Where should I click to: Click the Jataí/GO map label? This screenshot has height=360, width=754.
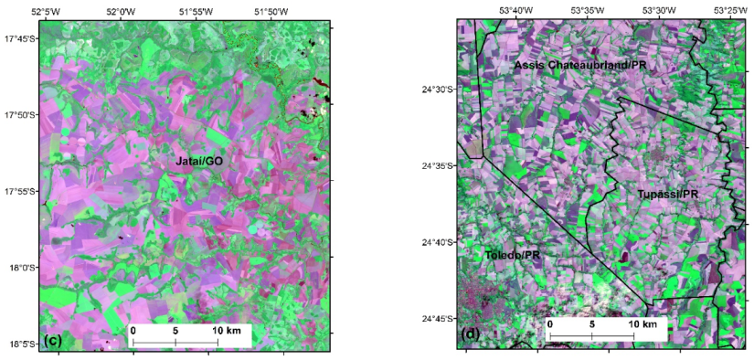point(199,161)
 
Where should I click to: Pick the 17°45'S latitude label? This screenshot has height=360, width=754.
point(20,39)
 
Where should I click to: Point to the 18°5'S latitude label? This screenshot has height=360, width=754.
point(21,344)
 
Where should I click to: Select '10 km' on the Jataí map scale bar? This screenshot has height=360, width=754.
point(229,329)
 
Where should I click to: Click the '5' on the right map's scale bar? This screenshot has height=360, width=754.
point(591,324)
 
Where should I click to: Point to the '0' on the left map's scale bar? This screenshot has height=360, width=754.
point(133,329)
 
